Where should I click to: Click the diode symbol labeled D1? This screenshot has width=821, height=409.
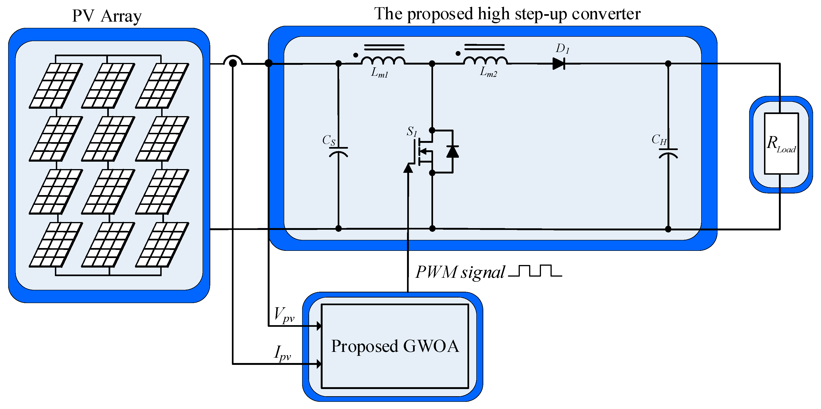point(558,64)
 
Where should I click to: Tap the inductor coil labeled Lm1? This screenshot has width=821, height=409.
point(383,60)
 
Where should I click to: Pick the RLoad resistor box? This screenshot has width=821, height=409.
point(781,144)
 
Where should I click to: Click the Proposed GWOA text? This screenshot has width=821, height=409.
point(395,346)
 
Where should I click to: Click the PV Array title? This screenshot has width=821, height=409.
point(107,16)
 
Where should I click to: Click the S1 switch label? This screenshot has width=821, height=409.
point(411,131)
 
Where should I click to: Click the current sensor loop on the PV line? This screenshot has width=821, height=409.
point(233,61)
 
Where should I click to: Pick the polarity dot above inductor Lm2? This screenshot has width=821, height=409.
point(458,53)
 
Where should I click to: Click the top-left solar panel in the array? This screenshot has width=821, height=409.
point(56,86)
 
